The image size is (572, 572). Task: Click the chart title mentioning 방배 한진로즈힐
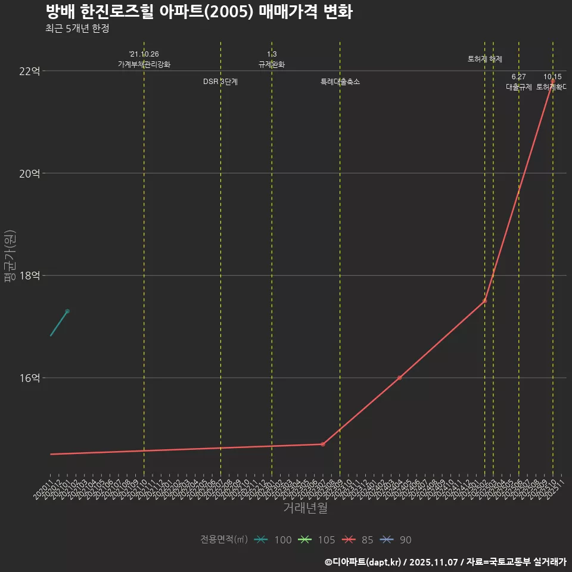coord(198,12)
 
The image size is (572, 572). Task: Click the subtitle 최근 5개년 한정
coord(77,29)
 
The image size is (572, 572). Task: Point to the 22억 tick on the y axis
coord(30,71)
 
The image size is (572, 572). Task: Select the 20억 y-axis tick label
coord(30,173)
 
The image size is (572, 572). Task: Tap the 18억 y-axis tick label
coord(30,275)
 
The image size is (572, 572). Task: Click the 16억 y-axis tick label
coord(30,378)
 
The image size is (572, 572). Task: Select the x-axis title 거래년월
coord(304,508)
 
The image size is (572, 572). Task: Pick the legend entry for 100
coord(273,540)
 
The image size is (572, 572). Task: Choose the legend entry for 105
coord(317,540)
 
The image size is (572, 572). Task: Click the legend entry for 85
coord(357,540)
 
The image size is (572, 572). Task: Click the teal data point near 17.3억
coord(67,311)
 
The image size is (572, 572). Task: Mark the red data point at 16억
coord(399,378)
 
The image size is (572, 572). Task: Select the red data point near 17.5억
coord(484,301)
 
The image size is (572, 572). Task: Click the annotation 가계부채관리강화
coord(144,64)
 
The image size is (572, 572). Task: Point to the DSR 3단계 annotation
coord(220,82)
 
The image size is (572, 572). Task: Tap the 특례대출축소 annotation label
coord(340,82)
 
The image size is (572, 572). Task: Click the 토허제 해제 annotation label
coord(484,59)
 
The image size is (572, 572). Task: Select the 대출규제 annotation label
coord(518,87)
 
